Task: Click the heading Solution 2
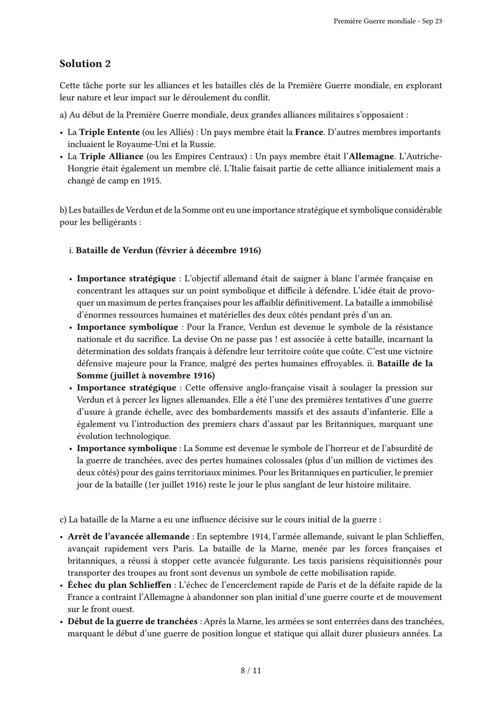click(85, 64)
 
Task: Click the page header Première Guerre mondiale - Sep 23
click(388, 21)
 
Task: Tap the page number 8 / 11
click(251, 670)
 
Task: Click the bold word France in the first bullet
click(309, 132)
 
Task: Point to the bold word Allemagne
click(371, 156)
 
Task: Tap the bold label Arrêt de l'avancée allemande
click(129, 537)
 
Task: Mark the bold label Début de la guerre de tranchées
click(133, 621)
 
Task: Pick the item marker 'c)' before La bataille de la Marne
click(63, 520)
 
